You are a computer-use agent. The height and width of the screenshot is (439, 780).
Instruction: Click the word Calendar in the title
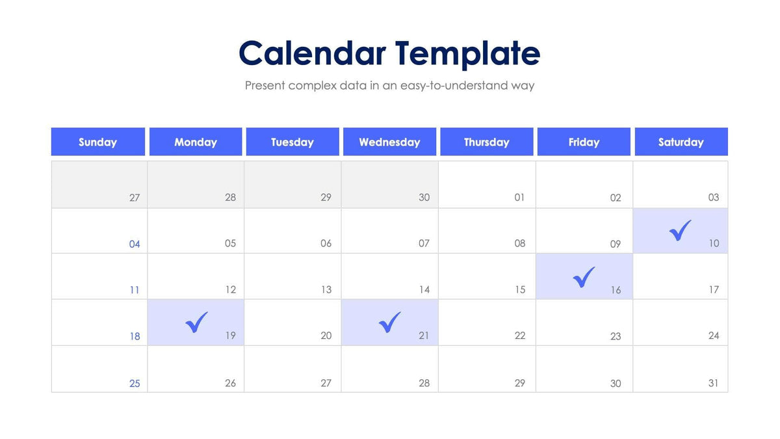pyautogui.click(x=311, y=53)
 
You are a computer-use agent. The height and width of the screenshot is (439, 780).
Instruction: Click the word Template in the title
pyautogui.click(x=467, y=55)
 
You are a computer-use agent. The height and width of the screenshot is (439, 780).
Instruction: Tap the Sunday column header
pyautogui.click(x=97, y=142)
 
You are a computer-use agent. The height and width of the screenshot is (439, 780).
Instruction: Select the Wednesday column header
pyautogui.click(x=389, y=142)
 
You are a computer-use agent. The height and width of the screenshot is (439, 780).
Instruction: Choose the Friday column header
pyautogui.click(x=584, y=142)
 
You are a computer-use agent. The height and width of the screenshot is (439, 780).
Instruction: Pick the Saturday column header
pyautogui.click(x=681, y=142)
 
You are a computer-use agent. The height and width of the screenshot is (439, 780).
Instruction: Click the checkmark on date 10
pyautogui.click(x=680, y=230)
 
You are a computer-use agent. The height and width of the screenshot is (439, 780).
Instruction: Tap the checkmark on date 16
pyautogui.click(x=584, y=276)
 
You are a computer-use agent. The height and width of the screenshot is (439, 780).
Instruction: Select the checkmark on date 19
pyautogui.click(x=196, y=322)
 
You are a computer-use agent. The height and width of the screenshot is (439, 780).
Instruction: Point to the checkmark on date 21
pyautogui.click(x=390, y=322)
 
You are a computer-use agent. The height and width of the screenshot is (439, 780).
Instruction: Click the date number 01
pyautogui.click(x=519, y=197)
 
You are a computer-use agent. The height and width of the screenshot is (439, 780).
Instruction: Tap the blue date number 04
pyautogui.click(x=135, y=245)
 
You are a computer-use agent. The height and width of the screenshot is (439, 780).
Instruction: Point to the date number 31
pyautogui.click(x=714, y=383)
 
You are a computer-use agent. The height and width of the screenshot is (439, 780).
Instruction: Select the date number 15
pyautogui.click(x=520, y=289)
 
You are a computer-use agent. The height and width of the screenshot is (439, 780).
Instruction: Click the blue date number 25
pyautogui.click(x=135, y=383)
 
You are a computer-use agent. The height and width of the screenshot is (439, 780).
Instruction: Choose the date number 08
pyautogui.click(x=520, y=243)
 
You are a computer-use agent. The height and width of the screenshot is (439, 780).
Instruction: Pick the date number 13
pyautogui.click(x=326, y=289)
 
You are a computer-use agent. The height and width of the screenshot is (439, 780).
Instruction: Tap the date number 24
pyautogui.click(x=714, y=336)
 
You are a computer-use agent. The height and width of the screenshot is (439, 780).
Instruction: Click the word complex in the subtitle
pyautogui.click(x=313, y=86)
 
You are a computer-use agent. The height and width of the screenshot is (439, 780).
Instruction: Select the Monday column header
pyautogui.click(x=196, y=142)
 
